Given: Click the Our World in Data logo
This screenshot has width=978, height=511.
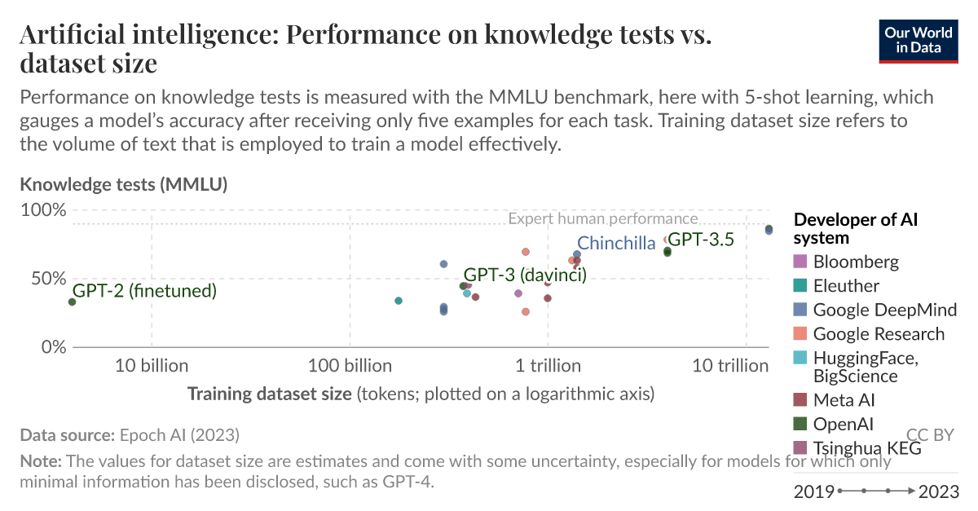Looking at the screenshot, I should [x=919, y=38].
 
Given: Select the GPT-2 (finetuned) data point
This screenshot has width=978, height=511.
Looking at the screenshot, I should [x=73, y=302].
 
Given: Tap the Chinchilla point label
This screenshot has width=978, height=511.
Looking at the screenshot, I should [x=615, y=243].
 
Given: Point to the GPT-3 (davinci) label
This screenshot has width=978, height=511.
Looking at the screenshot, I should [x=525, y=275].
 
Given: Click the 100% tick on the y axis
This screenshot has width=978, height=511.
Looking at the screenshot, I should [x=42, y=209].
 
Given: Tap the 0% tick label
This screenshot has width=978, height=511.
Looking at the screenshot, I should [x=51, y=347].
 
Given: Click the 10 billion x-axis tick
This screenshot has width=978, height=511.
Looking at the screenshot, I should [x=152, y=366].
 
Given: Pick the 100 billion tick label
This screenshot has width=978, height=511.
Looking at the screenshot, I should [x=350, y=366].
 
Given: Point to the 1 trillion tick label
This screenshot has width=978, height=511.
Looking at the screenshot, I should [x=548, y=366].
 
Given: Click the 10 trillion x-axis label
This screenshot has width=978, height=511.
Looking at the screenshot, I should [x=730, y=366].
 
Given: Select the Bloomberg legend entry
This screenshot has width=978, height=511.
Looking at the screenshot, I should [x=856, y=262].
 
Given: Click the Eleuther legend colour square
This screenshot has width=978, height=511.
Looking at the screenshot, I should [x=800, y=286].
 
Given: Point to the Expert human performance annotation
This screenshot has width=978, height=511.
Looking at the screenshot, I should [x=602, y=218].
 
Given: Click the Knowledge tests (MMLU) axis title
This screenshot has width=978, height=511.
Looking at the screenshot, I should [x=123, y=184].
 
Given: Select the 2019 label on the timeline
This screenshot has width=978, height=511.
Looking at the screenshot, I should [x=813, y=491].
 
